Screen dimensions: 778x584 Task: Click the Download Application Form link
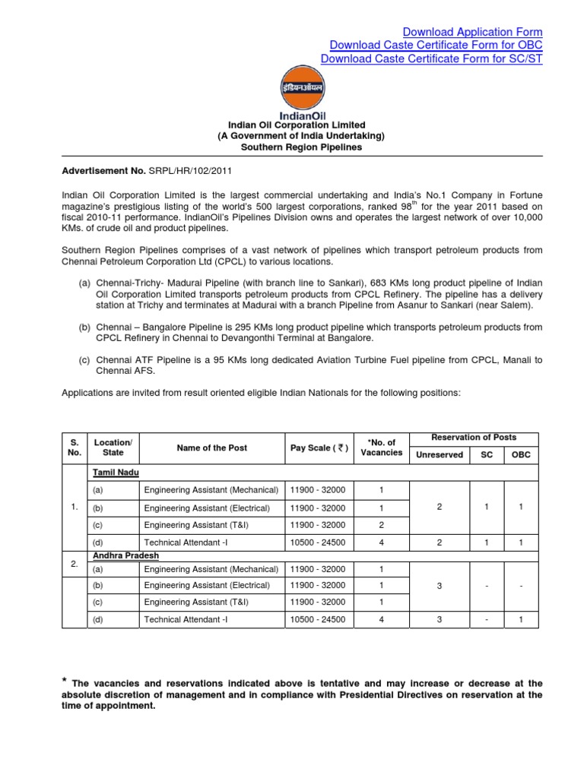tap(472, 32)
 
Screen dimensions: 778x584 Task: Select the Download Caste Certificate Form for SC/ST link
tap(431, 59)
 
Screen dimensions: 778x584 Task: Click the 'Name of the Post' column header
tap(211, 448)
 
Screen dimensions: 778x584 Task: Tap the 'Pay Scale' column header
tap(319, 448)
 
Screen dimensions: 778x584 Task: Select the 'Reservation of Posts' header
tap(473, 438)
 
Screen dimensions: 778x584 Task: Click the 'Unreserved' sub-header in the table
tap(439, 455)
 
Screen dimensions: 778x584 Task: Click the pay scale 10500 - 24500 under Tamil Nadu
tap(318, 542)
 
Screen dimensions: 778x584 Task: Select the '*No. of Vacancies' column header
tap(381, 448)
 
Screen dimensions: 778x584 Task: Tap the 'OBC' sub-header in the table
tap(521, 455)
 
